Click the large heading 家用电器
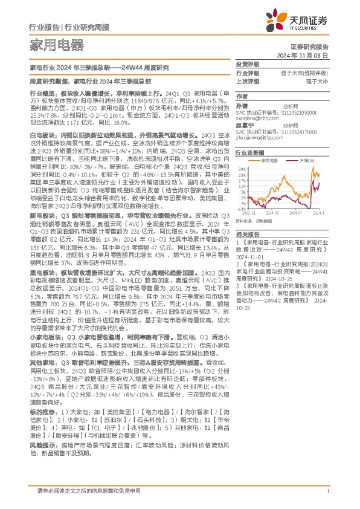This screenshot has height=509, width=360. click(x=57, y=44)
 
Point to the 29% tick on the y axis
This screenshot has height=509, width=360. click(x=240, y=169)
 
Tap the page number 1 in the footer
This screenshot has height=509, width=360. click(x=327, y=491)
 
